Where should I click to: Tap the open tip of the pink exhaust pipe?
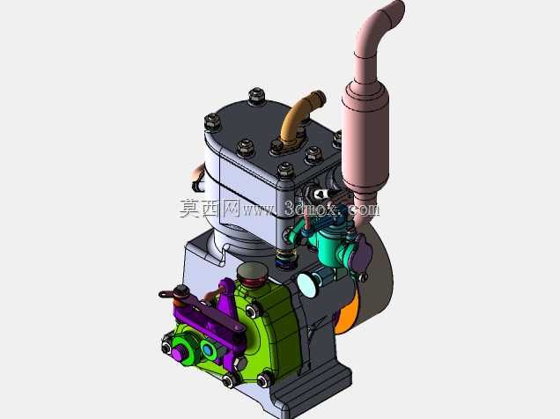click(x=398, y=8)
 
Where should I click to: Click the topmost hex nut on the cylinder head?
click(x=256, y=96)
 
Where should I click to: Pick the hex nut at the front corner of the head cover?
click(x=285, y=171)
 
